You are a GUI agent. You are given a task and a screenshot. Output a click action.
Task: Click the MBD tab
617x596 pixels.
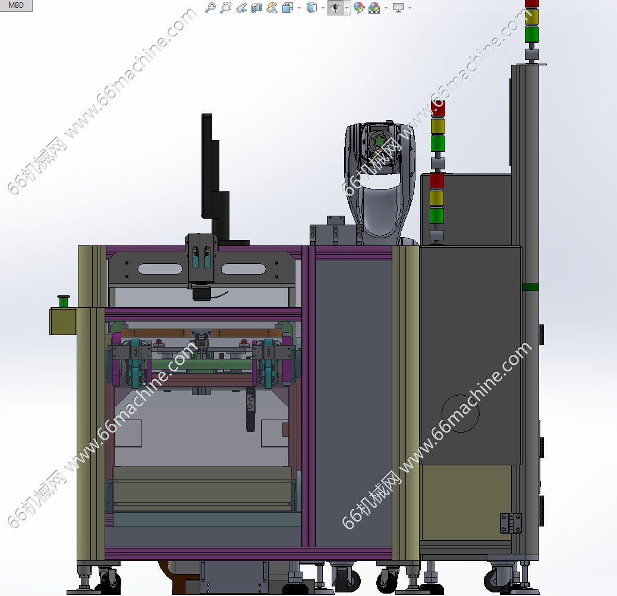coord(15,5)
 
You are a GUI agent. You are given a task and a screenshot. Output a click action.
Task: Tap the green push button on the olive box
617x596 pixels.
coord(64,301)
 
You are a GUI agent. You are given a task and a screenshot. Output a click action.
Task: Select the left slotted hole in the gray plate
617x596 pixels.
coord(160,269)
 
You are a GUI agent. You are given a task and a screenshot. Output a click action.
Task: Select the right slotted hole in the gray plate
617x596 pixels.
coord(244,269)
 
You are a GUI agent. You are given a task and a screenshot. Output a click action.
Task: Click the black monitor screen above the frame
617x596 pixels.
coord(207,165)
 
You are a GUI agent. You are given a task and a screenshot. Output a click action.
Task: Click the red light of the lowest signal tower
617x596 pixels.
coord(437,181)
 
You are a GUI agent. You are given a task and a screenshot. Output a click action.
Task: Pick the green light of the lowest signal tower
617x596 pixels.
coord(437,216)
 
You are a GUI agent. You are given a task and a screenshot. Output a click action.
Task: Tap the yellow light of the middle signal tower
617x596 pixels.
coord(438,127)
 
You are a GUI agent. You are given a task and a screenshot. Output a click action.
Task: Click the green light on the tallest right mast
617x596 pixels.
coord(531,34)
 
